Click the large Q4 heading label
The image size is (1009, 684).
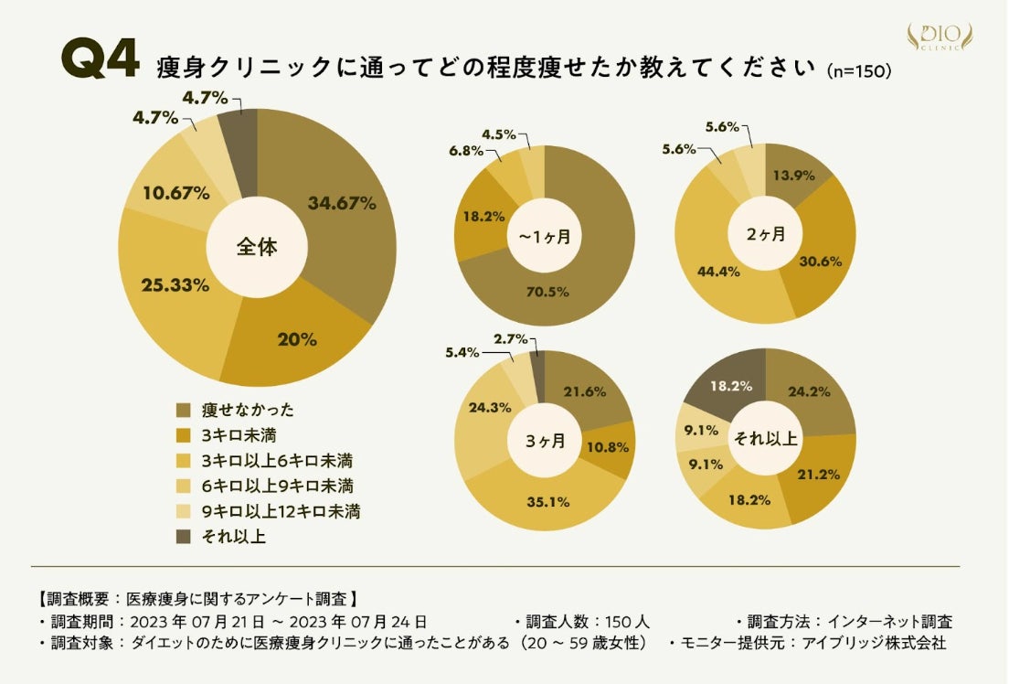[100, 61]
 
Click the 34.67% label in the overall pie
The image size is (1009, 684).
[342, 204]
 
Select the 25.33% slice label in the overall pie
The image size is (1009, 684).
[175, 285]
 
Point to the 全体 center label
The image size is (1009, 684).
[257, 247]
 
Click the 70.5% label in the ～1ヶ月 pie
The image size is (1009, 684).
[547, 293]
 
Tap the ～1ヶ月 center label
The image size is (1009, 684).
[545, 237]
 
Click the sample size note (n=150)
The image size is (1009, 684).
[857, 71]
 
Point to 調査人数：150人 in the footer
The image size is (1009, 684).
[582, 622]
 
